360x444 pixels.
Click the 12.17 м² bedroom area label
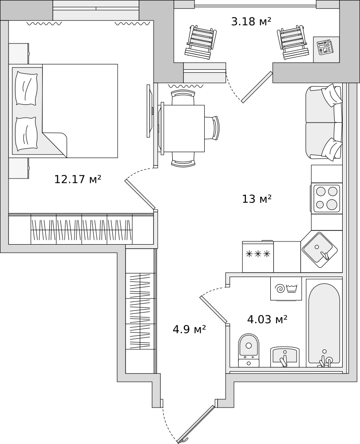(78, 179)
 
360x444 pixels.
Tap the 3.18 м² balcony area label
(251, 21)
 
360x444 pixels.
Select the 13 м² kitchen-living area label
(257, 199)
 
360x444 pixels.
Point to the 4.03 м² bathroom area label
(268, 319)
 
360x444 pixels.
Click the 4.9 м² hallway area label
(189, 329)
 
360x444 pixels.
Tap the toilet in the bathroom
(249, 351)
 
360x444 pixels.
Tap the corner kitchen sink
(320, 250)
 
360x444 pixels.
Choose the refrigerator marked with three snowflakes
(258, 257)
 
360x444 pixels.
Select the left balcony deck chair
(201, 43)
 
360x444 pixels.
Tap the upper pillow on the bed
(27, 88)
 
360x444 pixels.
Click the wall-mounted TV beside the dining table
(150, 111)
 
